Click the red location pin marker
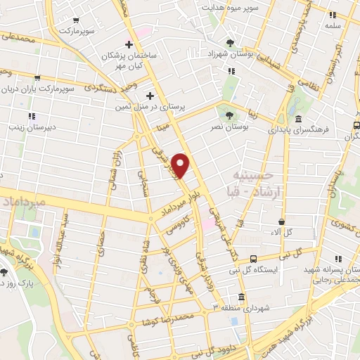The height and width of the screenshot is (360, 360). (x=181, y=165)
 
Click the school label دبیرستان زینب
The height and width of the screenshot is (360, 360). (x=31, y=128)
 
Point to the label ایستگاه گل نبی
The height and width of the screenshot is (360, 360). (x=255, y=270)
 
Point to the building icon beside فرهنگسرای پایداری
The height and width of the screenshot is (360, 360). (x=299, y=118)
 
